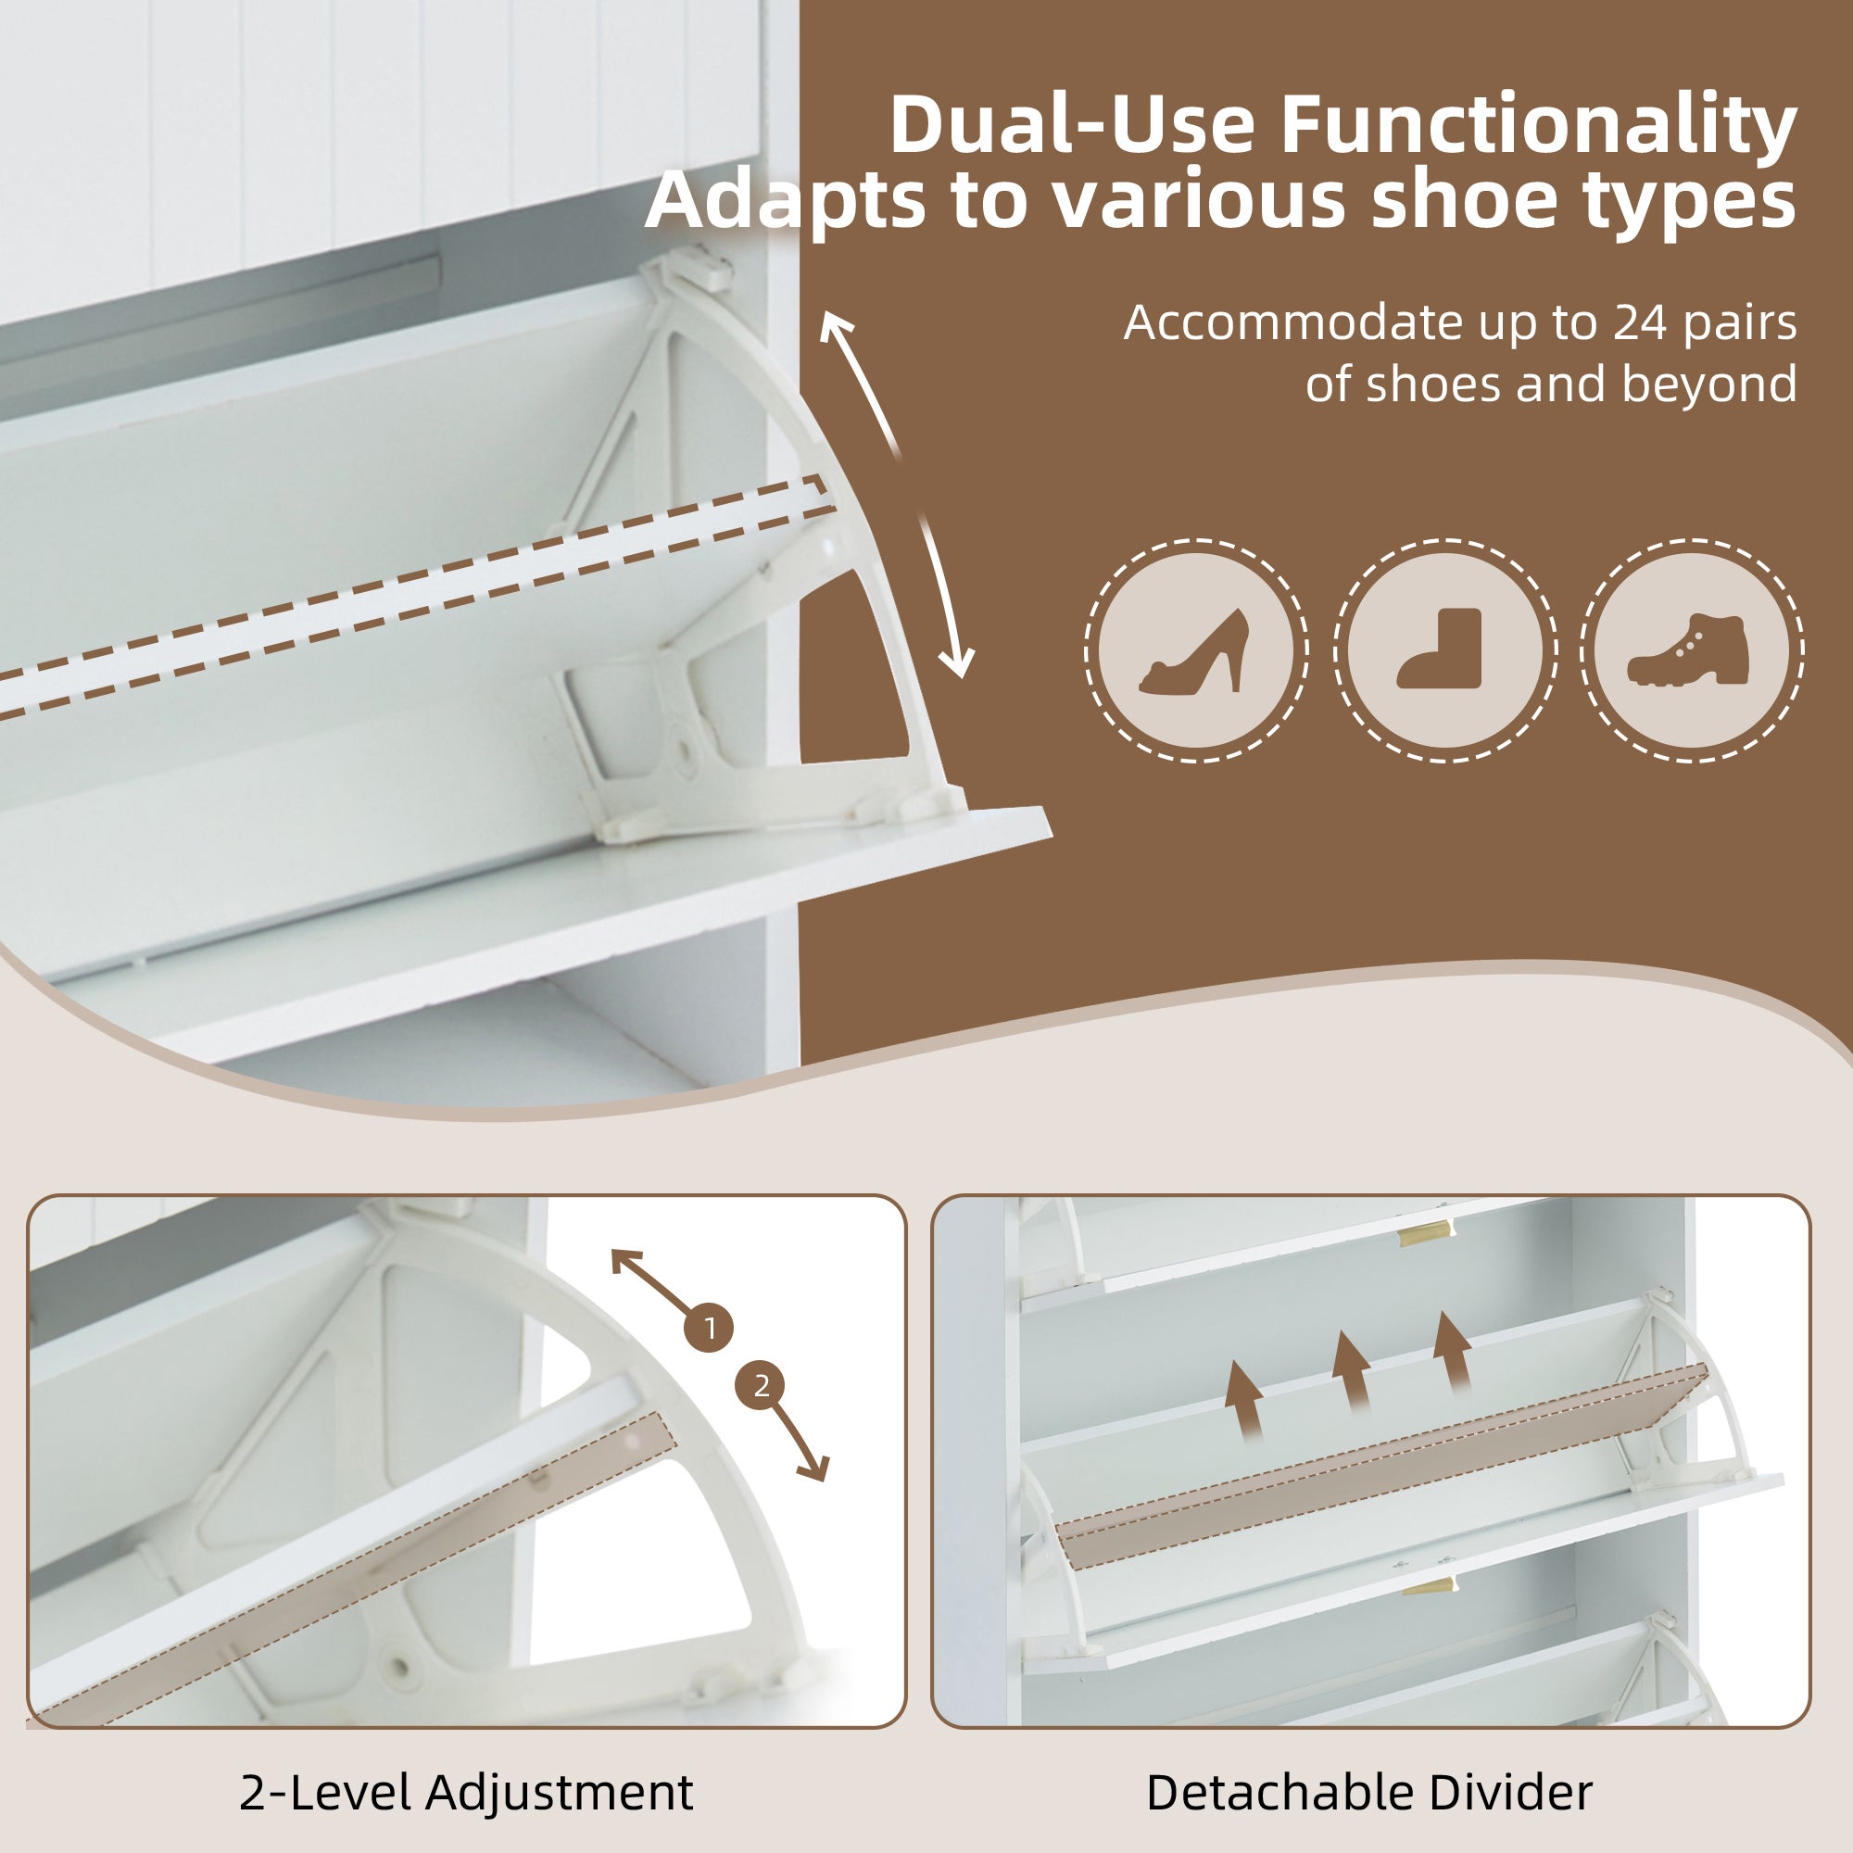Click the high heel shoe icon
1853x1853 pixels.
[x=1195, y=651]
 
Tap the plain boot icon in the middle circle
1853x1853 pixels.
[x=1441, y=649]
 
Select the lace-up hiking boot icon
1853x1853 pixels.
[x=1689, y=649]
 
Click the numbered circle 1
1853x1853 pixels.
[x=709, y=1330]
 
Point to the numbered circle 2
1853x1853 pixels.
[x=761, y=1386]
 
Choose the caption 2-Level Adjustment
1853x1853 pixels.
[x=466, y=1793]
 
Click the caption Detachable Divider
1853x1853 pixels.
[x=1369, y=1793]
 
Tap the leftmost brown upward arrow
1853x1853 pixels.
[x=1245, y=1402]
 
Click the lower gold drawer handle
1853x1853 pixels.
[x=1429, y=1584]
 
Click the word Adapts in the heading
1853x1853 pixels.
[x=788, y=203]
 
